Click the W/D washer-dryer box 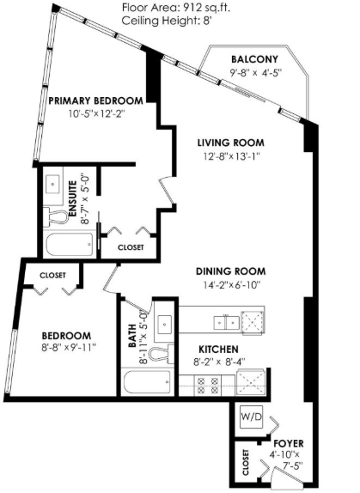pos(251,417)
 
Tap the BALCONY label pos(254,59)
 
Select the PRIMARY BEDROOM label pos(96,100)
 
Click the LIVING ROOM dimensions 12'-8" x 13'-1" pos(229,156)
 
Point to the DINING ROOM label pos(231,271)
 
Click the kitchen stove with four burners pos(208,386)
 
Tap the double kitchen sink pos(226,322)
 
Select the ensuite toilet pos(55,216)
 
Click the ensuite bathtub pos(70,244)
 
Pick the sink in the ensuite pos(53,184)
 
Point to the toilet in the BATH pos(161,354)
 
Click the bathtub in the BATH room pos(147,381)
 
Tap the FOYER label pos(289,444)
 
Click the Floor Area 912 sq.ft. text pos(176,7)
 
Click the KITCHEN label pos(218,350)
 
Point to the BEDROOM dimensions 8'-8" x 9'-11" pos(69,348)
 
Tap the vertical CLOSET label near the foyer pos(246,462)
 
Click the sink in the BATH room pos(165,324)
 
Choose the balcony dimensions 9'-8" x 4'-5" pos(255,73)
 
